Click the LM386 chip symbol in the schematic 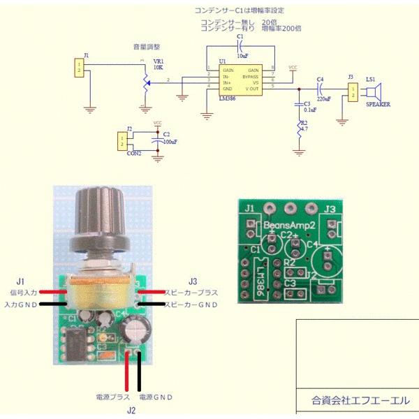(x=240, y=80)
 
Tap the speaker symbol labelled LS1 (x=376, y=92)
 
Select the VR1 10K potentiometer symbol (x=146, y=81)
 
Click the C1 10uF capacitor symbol (x=240, y=47)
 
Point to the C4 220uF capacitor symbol (x=320, y=89)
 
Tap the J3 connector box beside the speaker (x=351, y=92)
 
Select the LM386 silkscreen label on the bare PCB (x=260, y=277)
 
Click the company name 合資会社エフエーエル (x=356, y=401)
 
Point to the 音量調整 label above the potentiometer (x=147, y=47)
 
